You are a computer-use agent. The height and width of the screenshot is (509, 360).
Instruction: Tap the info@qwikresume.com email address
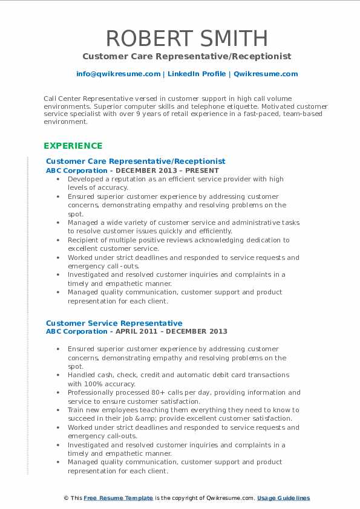pyautogui.click(x=118, y=74)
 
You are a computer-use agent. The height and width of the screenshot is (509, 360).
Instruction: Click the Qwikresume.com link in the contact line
pyautogui.click(x=257, y=74)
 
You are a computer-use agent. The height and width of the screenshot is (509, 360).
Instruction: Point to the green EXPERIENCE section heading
pyautogui.click(x=73, y=146)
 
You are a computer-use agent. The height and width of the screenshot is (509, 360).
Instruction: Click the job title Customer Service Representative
pyautogui.click(x=114, y=323)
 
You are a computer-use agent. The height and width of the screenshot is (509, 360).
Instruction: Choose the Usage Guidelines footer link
pyautogui.click(x=283, y=498)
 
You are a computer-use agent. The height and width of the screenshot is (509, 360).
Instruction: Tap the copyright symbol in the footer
pyautogui.click(x=66, y=498)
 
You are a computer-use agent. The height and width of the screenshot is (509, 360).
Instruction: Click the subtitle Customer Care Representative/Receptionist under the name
pyautogui.click(x=187, y=56)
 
